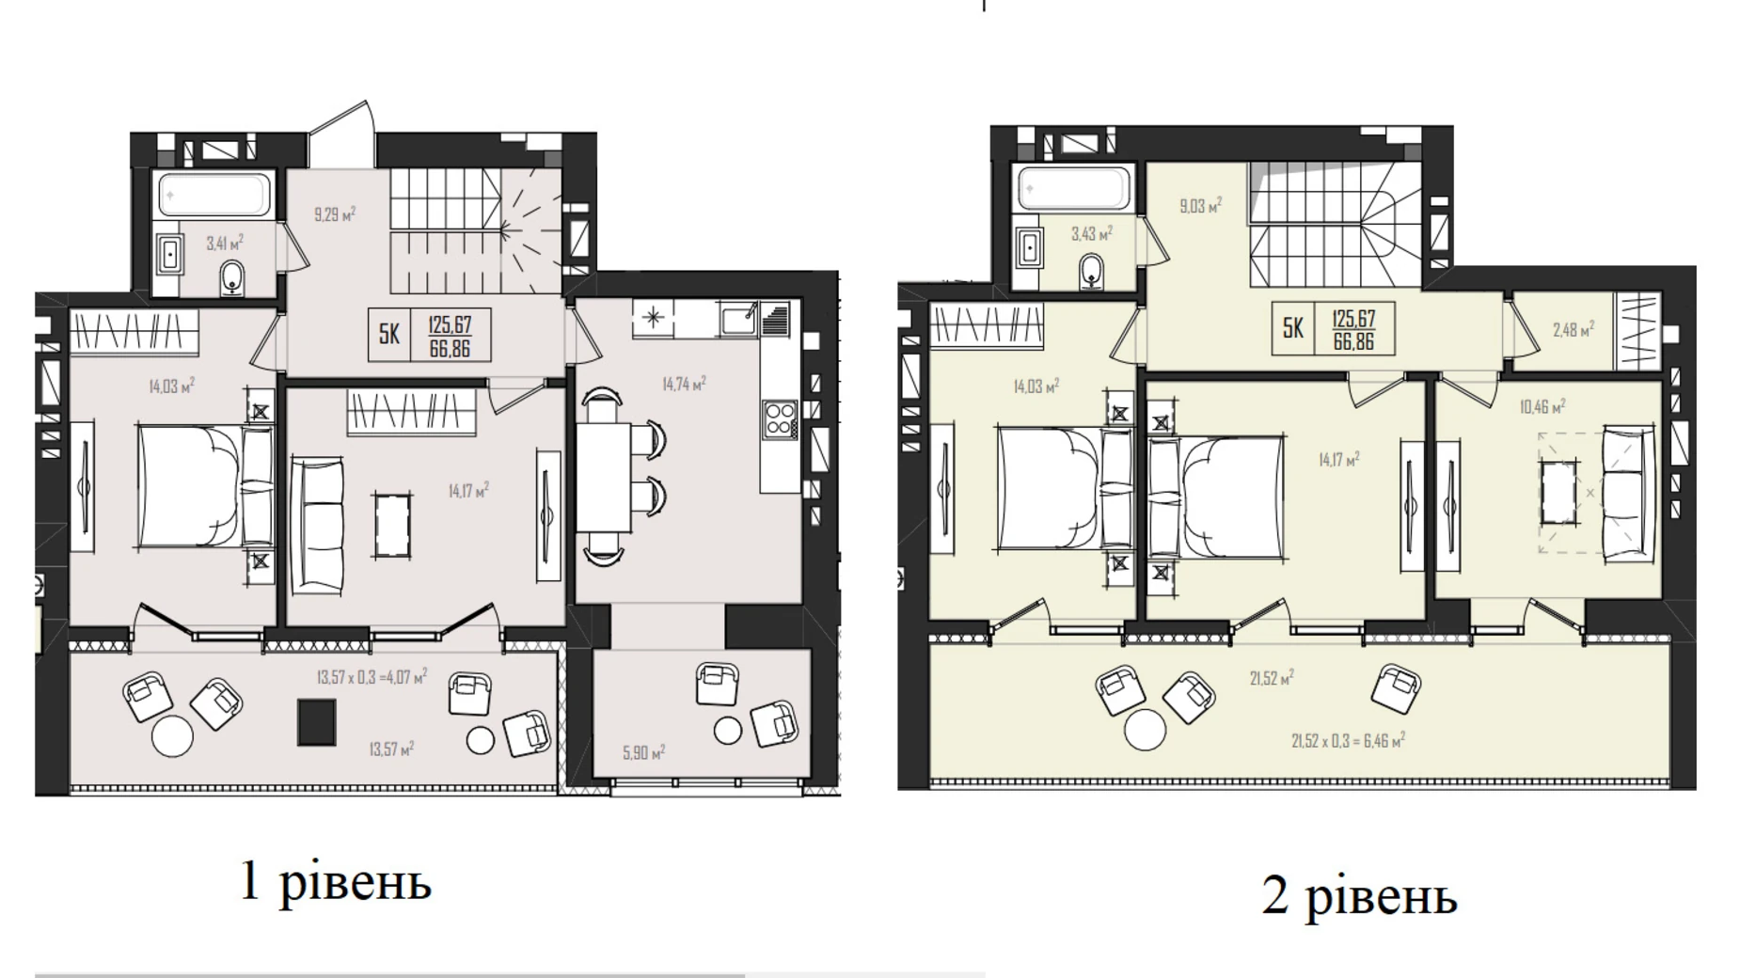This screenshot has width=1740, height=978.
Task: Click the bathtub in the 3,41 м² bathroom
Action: coord(215,196)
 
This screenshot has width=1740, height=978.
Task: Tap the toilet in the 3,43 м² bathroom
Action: coord(1092,270)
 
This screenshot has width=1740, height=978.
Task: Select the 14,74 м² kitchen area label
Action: coord(684,384)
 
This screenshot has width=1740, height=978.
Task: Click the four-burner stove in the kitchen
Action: coord(780,419)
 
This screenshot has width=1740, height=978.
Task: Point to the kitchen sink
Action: coord(738,319)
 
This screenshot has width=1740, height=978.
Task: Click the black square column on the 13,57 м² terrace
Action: coord(316,722)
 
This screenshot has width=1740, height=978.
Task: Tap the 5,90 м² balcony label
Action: coord(643,752)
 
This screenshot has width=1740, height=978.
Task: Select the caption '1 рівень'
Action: coord(336,881)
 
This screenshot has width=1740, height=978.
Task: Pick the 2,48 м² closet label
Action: coord(1573,330)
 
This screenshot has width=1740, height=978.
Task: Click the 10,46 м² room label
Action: coord(1542,407)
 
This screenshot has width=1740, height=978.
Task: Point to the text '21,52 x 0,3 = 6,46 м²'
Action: coord(1348,741)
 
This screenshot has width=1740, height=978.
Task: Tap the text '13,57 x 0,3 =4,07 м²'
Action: coord(372,676)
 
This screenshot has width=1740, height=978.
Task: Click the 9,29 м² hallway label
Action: coord(335,214)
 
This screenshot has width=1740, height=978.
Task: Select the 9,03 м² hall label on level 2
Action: coord(1200,205)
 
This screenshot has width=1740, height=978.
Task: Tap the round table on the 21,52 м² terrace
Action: coord(1145,730)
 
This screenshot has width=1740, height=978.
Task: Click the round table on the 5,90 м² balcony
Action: coord(727,730)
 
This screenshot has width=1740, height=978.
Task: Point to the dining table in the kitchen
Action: coord(603,478)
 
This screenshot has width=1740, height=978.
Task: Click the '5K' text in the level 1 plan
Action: coord(388,334)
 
